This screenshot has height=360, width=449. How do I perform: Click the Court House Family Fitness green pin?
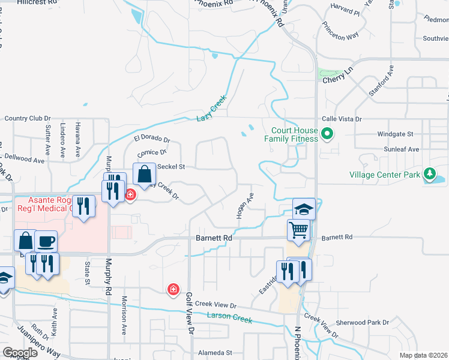327,133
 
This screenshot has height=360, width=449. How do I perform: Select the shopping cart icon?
298,230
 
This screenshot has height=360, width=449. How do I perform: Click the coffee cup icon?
46,241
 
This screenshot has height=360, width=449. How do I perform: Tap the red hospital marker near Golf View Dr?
173,290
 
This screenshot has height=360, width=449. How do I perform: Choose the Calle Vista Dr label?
343,119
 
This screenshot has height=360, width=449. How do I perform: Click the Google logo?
20,353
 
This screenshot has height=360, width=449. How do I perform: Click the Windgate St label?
396,134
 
